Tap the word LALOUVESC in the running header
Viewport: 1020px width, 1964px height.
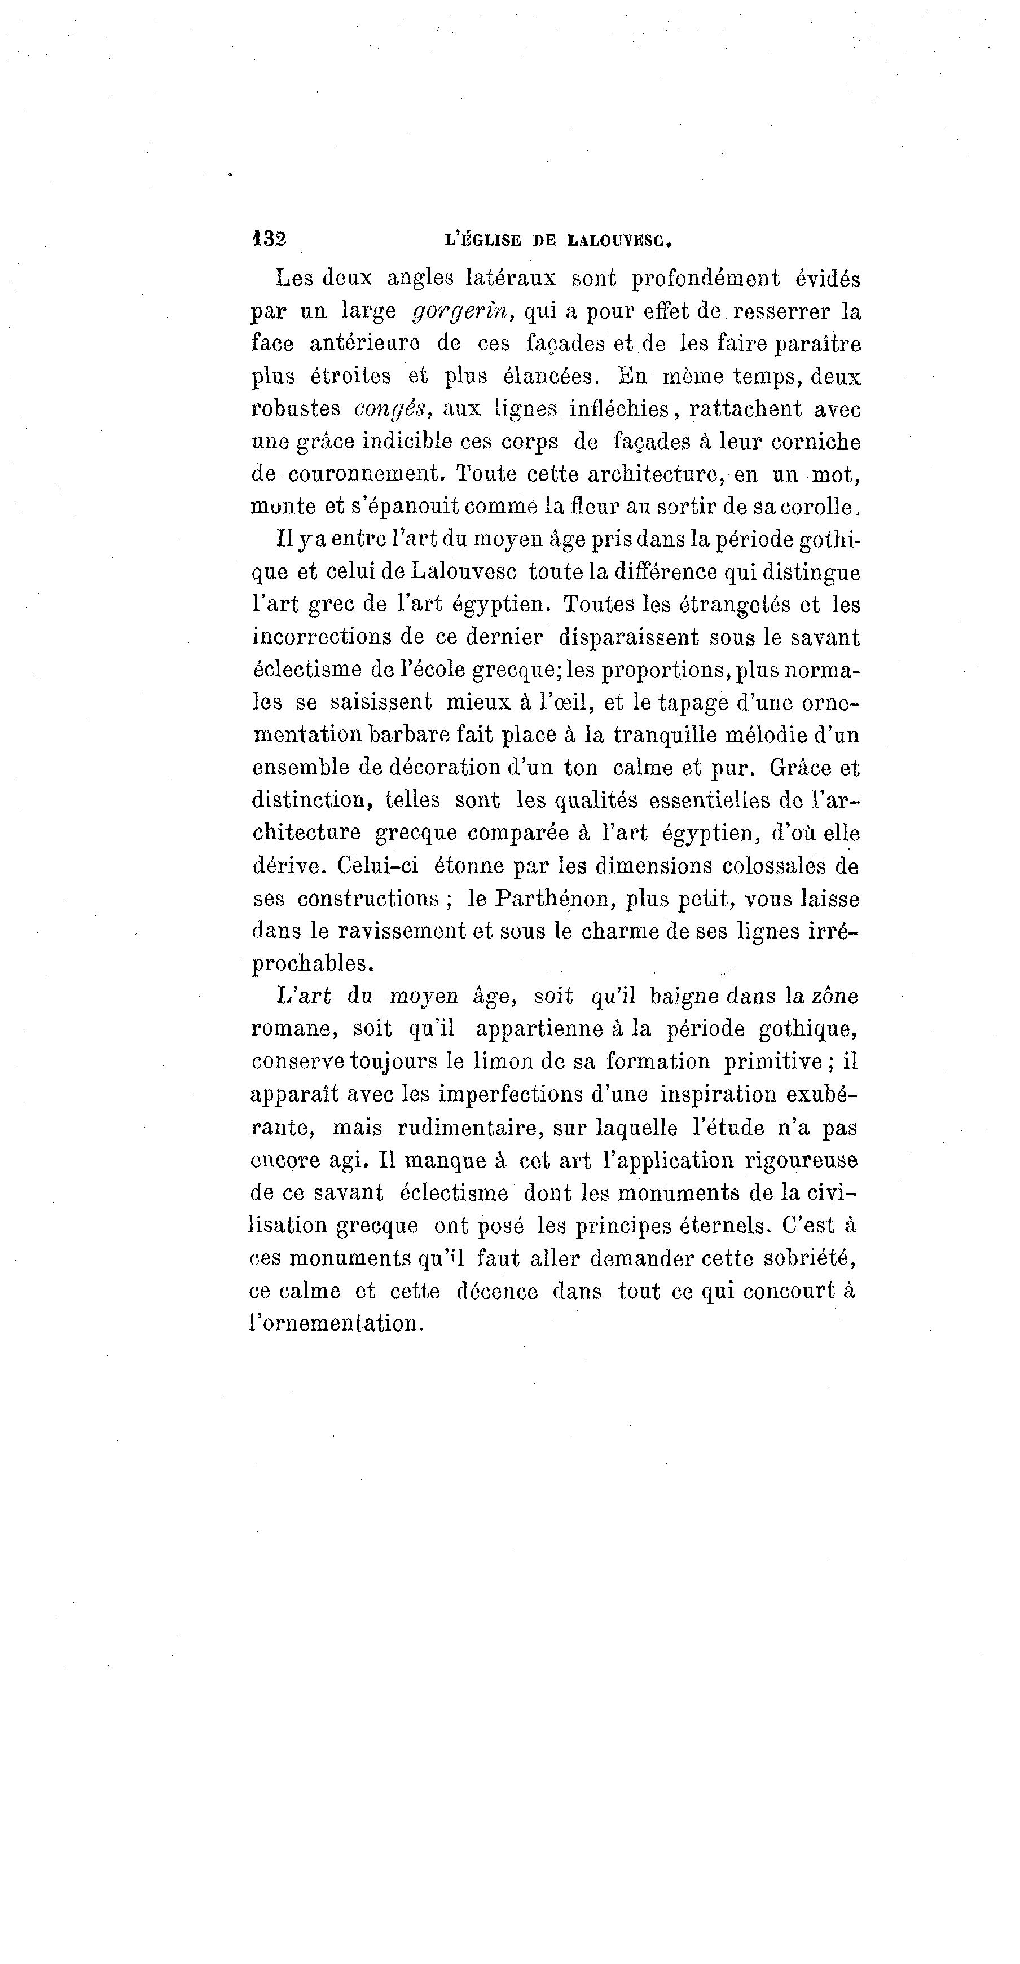point(619,241)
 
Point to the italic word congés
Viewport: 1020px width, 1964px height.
point(393,409)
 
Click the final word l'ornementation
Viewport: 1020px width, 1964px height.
point(336,1324)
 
